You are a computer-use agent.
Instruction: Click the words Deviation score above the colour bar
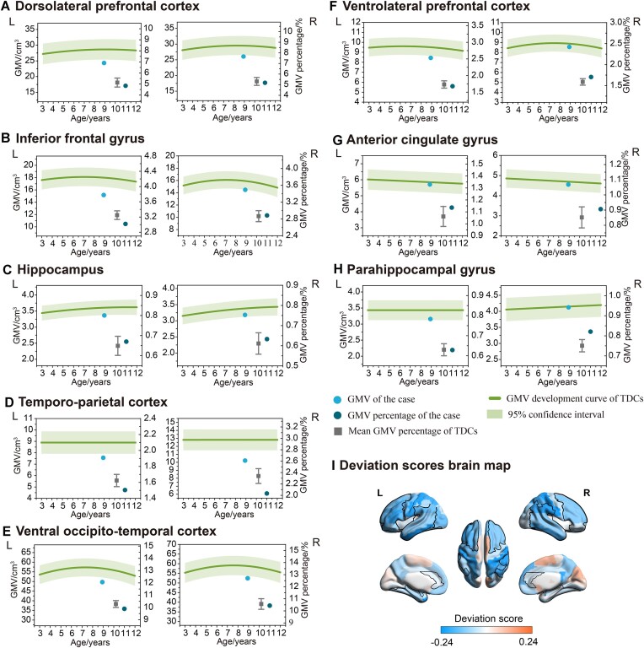coord(488,607)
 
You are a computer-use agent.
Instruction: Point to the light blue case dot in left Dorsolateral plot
coord(104,63)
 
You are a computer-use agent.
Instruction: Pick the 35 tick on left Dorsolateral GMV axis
coord(30,30)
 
